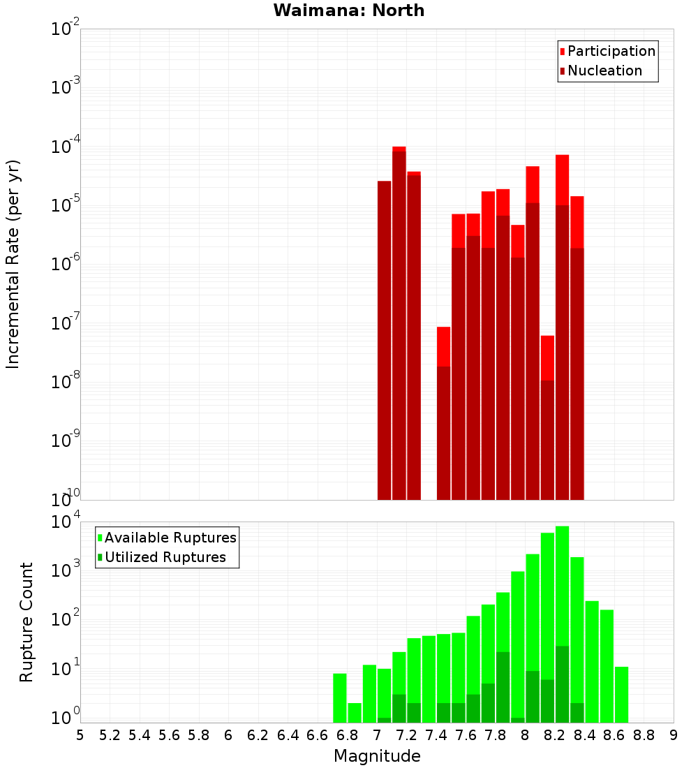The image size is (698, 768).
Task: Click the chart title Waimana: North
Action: (x=348, y=10)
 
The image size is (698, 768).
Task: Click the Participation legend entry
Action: (x=611, y=51)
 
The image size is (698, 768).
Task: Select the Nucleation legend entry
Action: (x=604, y=71)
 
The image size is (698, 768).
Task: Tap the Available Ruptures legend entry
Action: (x=170, y=538)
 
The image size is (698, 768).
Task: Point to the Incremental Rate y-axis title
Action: (x=13, y=264)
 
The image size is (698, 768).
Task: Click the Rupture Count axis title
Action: (x=27, y=621)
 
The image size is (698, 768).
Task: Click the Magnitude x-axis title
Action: (x=377, y=756)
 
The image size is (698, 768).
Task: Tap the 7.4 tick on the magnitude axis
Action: (x=436, y=735)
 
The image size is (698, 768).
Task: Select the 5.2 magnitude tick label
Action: (x=110, y=735)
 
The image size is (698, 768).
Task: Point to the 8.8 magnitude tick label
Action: (x=644, y=735)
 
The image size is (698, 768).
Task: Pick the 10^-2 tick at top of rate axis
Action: (x=66, y=29)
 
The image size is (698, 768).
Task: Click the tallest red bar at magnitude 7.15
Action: (x=399, y=321)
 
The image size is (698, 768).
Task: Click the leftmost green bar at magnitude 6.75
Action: (x=339, y=697)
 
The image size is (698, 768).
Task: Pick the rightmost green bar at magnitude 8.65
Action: (x=621, y=694)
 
